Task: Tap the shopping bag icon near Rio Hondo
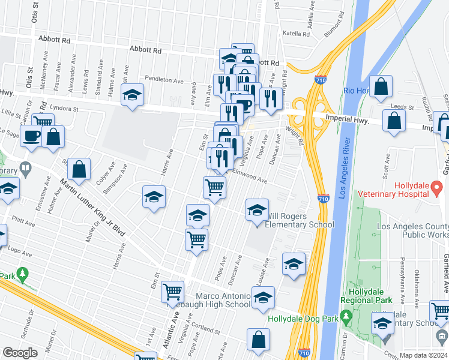click(x=381, y=88)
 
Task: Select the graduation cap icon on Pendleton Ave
click(x=132, y=95)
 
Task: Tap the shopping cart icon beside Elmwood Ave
click(x=215, y=187)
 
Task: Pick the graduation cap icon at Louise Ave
click(x=293, y=264)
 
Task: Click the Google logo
click(x=20, y=353)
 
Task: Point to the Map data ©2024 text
click(x=424, y=355)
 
